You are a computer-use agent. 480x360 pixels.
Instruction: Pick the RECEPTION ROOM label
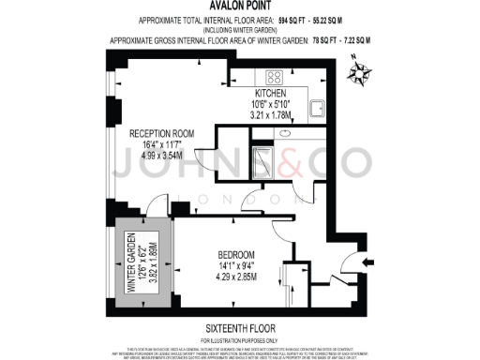[x=161, y=134]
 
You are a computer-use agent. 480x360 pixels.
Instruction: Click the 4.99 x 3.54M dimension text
[x=161, y=157]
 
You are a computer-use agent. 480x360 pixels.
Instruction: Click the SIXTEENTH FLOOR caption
[x=240, y=328]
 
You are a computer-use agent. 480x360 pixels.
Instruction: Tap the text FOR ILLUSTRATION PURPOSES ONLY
[x=240, y=338]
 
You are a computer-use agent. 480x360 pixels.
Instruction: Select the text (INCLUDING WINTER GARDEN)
[x=240, y=29]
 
